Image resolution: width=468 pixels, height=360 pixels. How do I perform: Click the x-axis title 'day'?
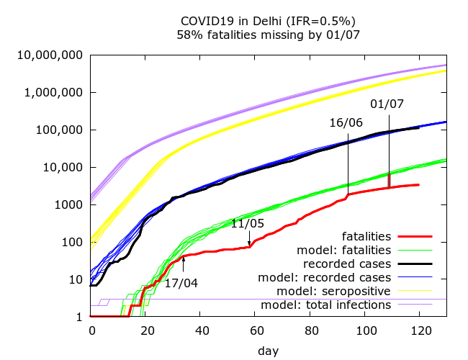(269, 351)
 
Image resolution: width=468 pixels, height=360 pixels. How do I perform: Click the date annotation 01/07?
(387, 104)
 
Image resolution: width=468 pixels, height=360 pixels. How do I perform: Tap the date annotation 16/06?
(346, 122)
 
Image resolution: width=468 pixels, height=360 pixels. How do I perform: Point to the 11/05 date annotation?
(248, 224)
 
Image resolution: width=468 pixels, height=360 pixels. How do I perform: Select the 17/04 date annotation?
(181, 283)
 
